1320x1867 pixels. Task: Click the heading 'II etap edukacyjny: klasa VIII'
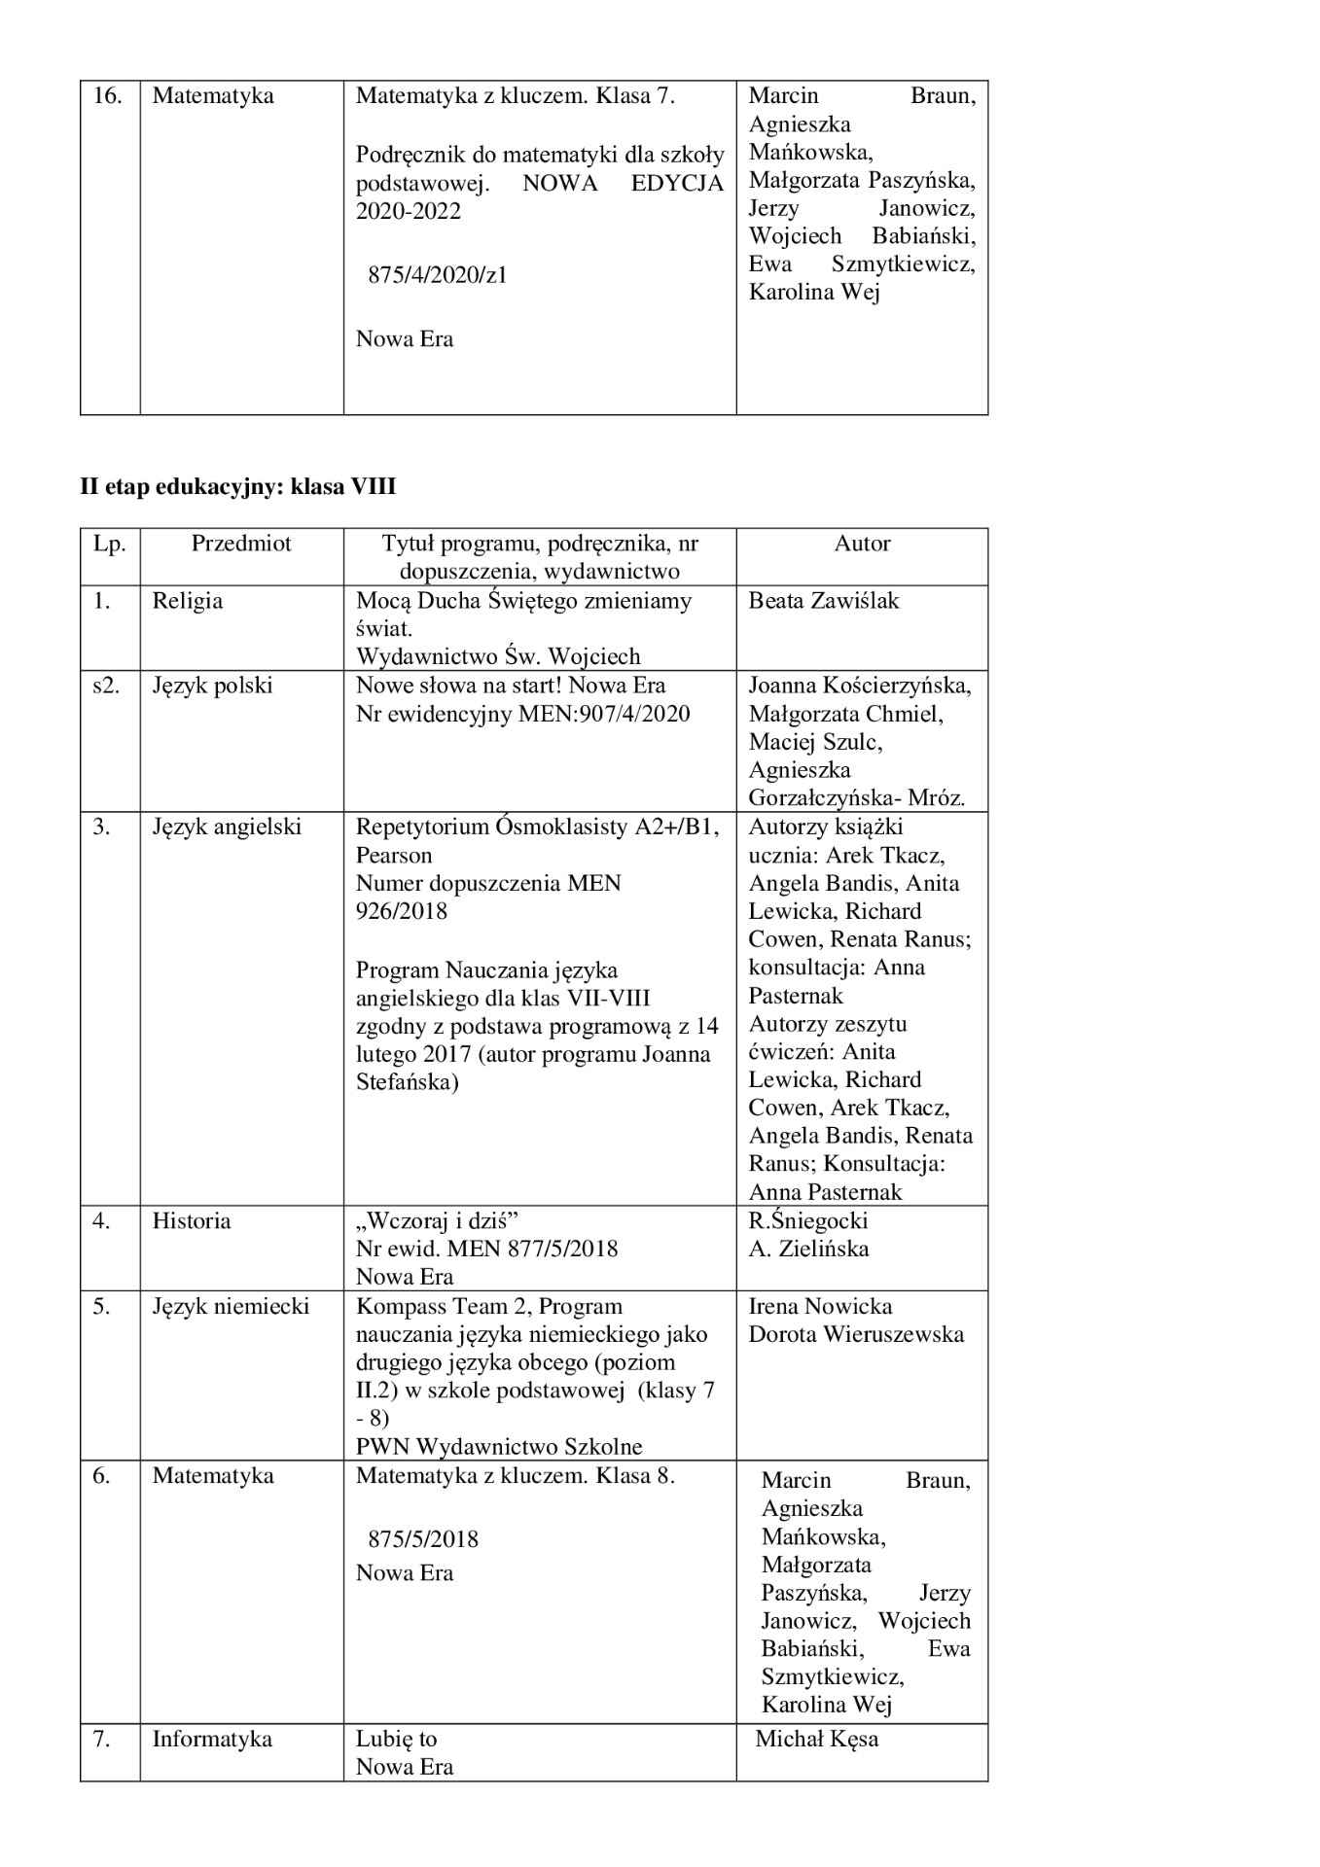[x=237, y=486]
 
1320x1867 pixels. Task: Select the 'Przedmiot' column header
[x=241, y=544]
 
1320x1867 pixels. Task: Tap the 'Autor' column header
[x=862, y=544]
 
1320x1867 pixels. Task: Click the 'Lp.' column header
[x=110, y=544]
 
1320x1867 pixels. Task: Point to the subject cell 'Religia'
[x=188, y=601]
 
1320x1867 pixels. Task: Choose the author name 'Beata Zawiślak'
[x=823, y=601]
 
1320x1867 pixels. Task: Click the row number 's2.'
[x=108, y=686]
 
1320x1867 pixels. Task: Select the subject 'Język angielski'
[x=227, y=827]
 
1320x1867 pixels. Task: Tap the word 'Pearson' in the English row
[x=394, y=855]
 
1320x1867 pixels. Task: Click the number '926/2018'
[x=402, y=911]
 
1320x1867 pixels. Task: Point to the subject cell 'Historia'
[x=192, y=1220]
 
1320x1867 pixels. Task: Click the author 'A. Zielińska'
[x=808, y=1249]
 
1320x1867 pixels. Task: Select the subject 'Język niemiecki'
[x=231, y=1306]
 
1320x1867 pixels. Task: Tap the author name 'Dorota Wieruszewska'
[x=856, y=1334]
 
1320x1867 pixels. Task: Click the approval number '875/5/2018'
[x=423, y=1539]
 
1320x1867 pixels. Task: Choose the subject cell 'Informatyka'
[x=212, y=1739]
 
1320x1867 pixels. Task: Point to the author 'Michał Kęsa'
[x=817, y=1739]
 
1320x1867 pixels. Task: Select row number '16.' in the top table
[x=107, y=96]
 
